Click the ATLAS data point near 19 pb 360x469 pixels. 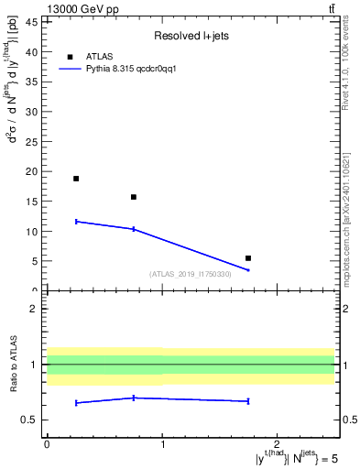(76, 179)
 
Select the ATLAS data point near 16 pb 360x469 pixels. (134, 197)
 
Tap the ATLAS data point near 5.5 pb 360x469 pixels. (248, 258)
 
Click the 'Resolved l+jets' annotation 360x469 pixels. (191, 36)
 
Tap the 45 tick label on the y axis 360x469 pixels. (34, 22)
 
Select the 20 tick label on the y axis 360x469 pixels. (34, 171)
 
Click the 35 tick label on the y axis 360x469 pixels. (34, 82)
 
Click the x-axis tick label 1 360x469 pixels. (162, 444)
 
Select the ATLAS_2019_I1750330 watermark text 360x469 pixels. (191, 274)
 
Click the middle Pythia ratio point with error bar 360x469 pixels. (134, 398)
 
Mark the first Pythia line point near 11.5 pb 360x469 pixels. (76, 221)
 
